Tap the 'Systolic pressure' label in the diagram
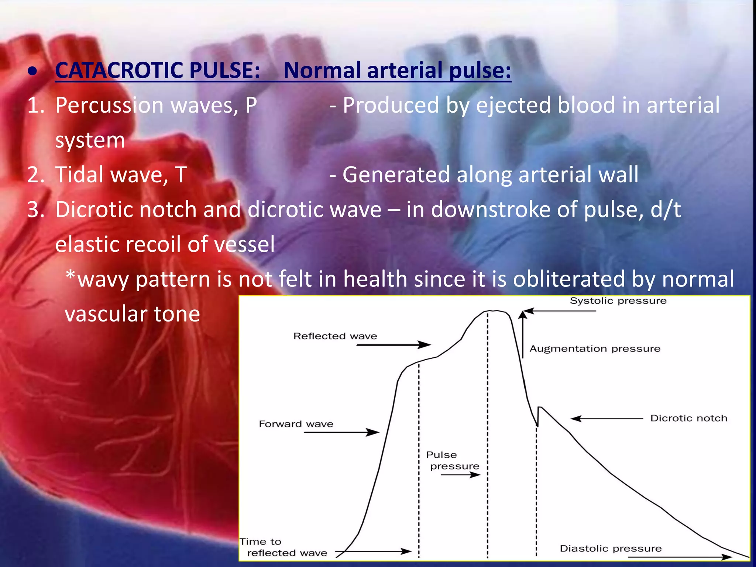(618, 301)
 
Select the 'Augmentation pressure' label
(595, 349)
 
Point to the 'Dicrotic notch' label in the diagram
(688, 418)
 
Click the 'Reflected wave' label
(335, 336)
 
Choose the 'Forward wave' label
(296, 424)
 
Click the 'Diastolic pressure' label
(611, 549)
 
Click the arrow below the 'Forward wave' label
(341, 432)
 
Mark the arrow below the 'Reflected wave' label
(394, 345)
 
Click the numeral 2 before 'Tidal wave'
(34, 175)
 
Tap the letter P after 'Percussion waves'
(251, 106)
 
